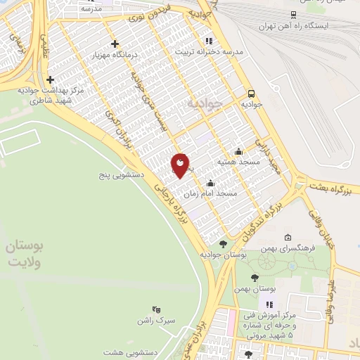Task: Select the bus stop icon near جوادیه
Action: coord(251,93)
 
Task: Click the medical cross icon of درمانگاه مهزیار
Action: coord(115,44)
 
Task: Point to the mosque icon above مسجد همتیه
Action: coord(239,151)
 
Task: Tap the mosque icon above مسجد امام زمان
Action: coord(210,183)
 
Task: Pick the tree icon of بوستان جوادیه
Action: coord(224,244)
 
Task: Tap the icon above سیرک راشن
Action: coord(156,309)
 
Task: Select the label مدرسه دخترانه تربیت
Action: coord(209,51)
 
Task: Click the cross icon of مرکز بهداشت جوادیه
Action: coord(50,80)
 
